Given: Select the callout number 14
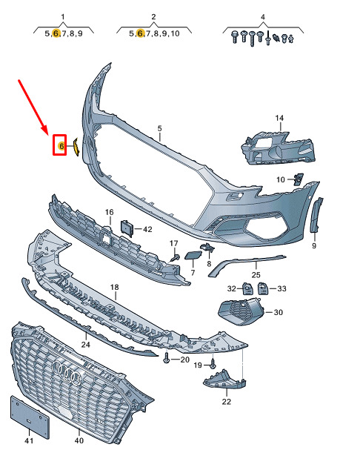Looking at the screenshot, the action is click(279, 118).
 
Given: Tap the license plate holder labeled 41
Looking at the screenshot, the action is click(30, 417).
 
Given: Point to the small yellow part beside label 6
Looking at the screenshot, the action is click(76, 147).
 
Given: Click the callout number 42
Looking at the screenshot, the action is click(147, 230).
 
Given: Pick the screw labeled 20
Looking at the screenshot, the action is click(167, 359).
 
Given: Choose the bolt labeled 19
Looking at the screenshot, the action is click(213, 364).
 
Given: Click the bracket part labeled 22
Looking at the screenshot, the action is click(224, 380).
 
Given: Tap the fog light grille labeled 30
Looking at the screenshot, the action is click(241, 311).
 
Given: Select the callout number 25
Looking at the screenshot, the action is click(256, 274).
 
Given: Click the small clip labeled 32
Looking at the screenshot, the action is click(247, 288).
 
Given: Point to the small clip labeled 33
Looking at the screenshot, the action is click(262, 288).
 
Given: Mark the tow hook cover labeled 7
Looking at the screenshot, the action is click(191, 256).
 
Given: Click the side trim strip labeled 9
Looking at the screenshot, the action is click(316, 215).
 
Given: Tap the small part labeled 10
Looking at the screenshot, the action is click(299, 179).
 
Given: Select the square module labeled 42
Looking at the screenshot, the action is click(127, 228).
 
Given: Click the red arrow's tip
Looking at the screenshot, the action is click(48, 133).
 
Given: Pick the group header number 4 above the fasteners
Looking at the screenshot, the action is click(263, 17).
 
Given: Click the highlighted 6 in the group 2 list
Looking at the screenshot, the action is click(140, 33).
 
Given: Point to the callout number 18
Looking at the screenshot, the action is click(114, 287).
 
